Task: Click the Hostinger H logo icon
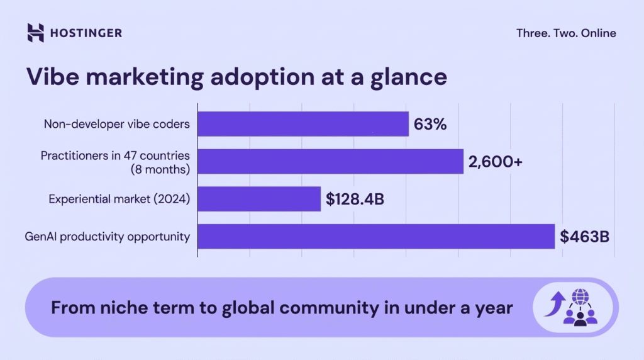pyautogui.click(x=36, y=33)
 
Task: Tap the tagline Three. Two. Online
pyautogui.click(x=566, y=33)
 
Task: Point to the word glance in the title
pyautogui.click(x=408, y=78)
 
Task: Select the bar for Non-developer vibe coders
pyautogui.click(x=303, y=124)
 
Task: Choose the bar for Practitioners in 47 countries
pyautogui.click(x=330, y=162)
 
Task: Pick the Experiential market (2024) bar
pyautogui.click(x=259, y=200)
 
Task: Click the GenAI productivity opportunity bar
pyautogui.click(x=376, y=237)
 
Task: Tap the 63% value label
pyautogui.click(x=430, y=124)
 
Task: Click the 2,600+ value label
pyautogui.click(x=495, y=162)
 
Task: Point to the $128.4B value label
pyautogui.click(x=355, y=200)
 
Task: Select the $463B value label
pyautogui.click(x=585, y=237)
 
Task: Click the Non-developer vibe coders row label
pyautogui.click(x=116, y=124)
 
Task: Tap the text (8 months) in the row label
pyautogui.click(x=160, y=169)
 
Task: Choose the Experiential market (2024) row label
pyautogui.click(x=119, y=200)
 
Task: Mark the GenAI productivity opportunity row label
pyautogui.click(x=107, y=237)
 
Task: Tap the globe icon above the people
pyautogui.click(x=579, y=296)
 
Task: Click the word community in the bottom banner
pyautogui.click(x=328, y=308)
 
